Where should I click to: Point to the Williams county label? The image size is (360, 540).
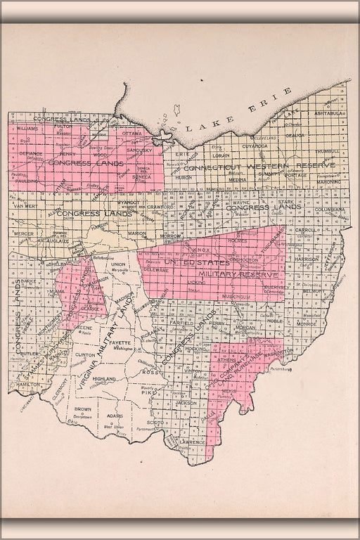tap(28, 129)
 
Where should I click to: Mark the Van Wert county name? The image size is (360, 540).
tap(25, 207)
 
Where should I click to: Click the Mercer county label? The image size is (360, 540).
tap(24, 233)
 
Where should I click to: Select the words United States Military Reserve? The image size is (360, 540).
tap(211, 267)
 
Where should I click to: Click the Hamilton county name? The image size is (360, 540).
tap(27, 385)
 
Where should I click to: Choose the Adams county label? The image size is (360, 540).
tap(115, 415)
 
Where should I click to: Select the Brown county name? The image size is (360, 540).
tap(83, 409)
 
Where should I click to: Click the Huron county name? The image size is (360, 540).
tap(183, 178)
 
